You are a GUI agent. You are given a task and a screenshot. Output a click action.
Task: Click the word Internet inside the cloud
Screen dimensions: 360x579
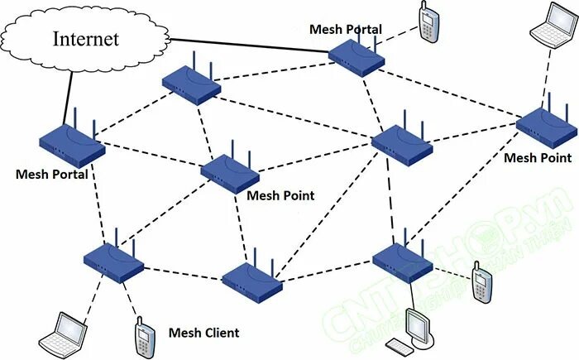86,38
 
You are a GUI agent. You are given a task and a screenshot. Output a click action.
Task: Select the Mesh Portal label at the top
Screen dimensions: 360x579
345,29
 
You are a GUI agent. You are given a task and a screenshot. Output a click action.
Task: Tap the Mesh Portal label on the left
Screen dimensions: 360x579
51,175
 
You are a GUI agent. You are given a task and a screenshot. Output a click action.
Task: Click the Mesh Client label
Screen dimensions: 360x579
203,333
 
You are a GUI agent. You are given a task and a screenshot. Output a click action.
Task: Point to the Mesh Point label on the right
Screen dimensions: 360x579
538,157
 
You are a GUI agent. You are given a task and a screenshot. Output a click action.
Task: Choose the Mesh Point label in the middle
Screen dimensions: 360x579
280,195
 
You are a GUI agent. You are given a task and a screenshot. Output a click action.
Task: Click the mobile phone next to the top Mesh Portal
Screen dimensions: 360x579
428,22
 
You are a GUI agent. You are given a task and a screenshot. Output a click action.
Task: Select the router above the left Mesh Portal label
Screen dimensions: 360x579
72,143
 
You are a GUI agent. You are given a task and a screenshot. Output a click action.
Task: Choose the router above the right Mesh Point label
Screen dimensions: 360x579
546,126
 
